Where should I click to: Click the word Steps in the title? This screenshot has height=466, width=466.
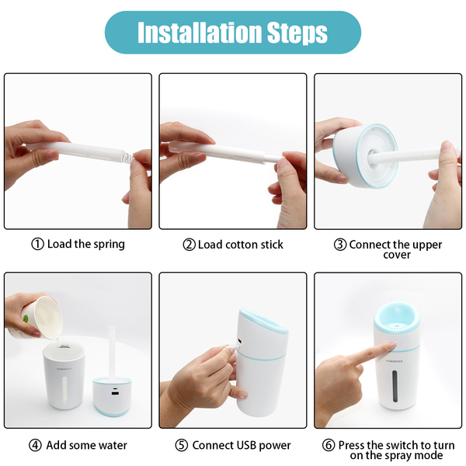(x=297, y=33)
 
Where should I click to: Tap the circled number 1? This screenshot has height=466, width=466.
(x=38, y=245)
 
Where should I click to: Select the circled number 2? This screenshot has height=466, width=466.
(x=189, y=245)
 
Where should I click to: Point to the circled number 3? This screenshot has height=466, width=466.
(x=340, y=245)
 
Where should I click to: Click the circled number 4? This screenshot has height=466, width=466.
(x=35, y=445)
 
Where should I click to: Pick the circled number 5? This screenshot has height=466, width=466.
(x=181, y=445)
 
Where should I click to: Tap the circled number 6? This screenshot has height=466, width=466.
(x=329, y=445)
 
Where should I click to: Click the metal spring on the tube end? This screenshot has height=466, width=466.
(x=127, y=158)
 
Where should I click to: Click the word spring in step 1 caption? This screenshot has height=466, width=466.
(x=109, y=245)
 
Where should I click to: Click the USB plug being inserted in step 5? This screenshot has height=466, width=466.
(x=235, y=346)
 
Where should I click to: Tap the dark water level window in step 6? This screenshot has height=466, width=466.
(x=395, y=386)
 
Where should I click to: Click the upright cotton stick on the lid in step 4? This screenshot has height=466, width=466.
(x=111, y=353)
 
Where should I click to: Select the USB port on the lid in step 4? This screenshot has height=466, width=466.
(x=114, y=394)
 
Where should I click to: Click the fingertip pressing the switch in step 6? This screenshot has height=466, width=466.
(x=391, y=346)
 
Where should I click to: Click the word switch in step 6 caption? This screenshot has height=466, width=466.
(x=408, y=445)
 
